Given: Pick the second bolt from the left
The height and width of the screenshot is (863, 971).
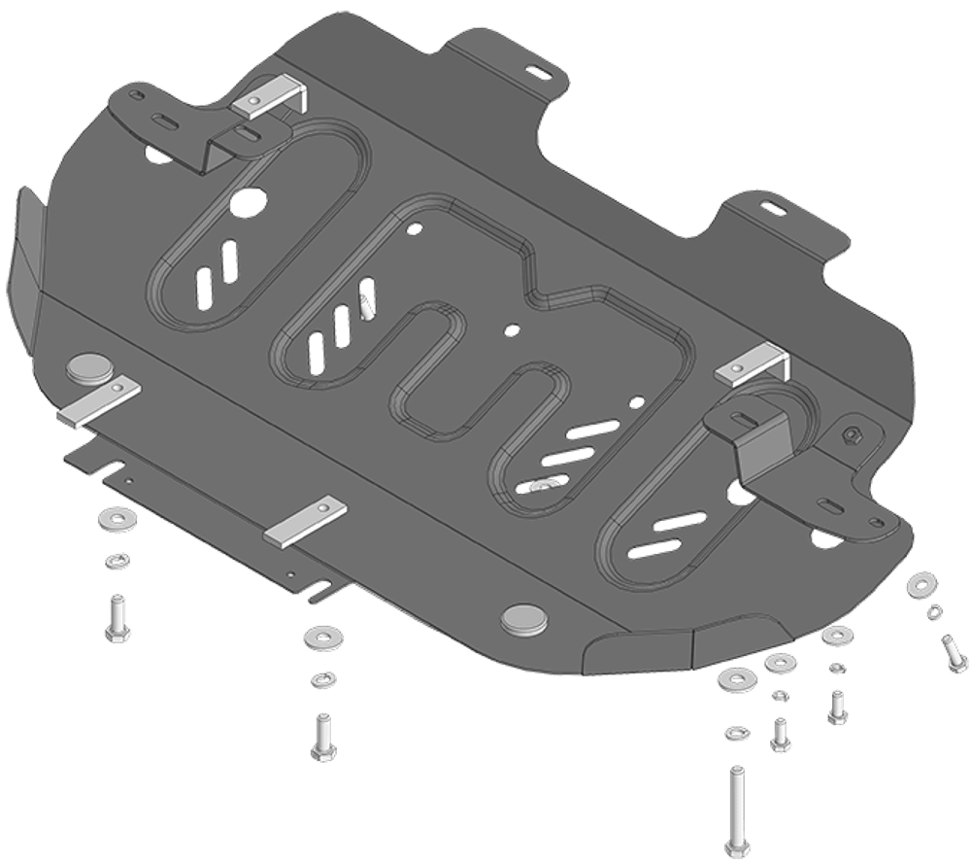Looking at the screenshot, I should pos(319,736).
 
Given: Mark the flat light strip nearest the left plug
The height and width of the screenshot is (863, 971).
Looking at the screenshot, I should pos(99,402).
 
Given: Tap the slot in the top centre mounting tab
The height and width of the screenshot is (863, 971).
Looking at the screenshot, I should pos(532,69).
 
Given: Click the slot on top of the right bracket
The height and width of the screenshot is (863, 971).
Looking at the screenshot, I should pos(742,418).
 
